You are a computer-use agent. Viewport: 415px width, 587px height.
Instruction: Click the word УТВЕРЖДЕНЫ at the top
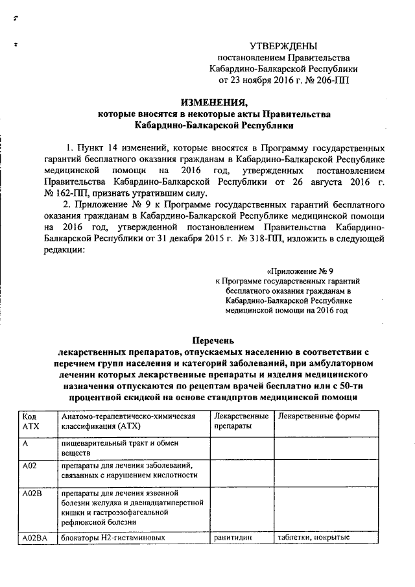pos(283,45)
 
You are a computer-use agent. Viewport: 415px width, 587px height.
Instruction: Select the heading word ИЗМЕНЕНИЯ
pos(213,102)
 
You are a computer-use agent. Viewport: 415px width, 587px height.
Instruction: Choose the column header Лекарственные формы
pos(318,416)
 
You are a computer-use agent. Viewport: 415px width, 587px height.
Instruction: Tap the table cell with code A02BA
pos(35,537)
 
